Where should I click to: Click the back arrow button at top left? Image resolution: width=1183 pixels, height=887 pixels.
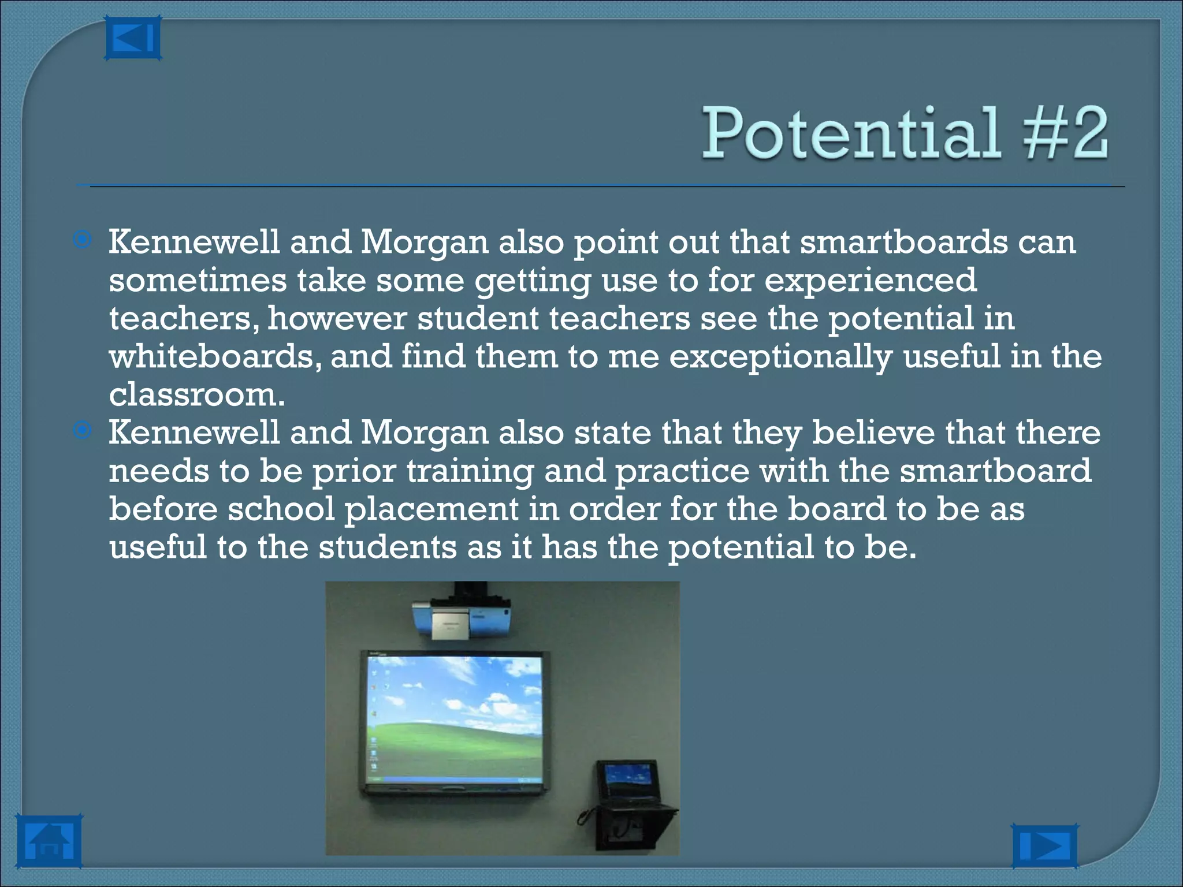coord(132,38)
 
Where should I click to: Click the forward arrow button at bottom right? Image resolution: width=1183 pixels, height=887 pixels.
coord(1044,846)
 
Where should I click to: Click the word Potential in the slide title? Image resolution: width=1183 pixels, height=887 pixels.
coord(850,133)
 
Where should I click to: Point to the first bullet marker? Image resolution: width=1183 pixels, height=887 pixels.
coord(83,240)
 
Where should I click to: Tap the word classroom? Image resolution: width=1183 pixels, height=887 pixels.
coord(196,395)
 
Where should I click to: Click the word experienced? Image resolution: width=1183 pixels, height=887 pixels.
coord(870,281)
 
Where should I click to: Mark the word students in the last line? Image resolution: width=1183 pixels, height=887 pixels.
coord(388,547)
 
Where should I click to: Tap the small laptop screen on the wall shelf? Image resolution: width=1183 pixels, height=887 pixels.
coord(627,780)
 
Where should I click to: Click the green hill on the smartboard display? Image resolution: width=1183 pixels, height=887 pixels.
coord(456,745)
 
